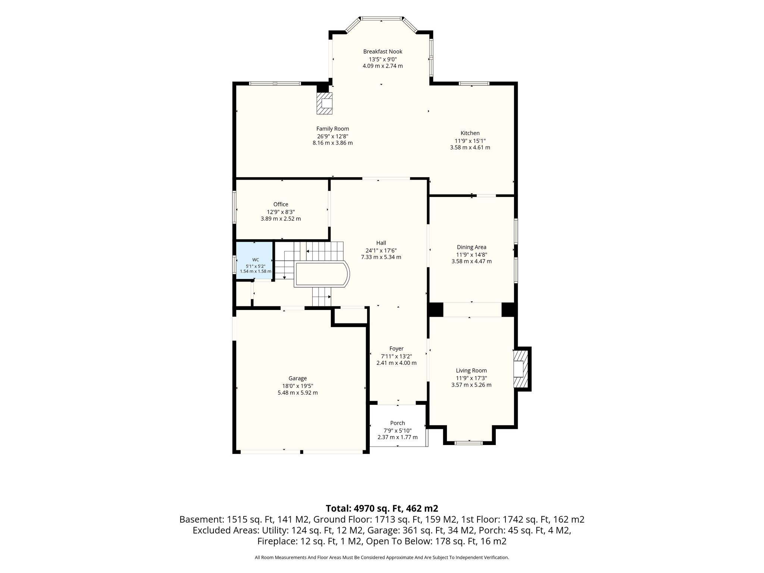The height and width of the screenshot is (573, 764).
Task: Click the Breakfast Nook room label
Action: [x=383, y=51]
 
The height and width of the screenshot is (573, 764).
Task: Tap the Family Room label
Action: [x=333, y=129]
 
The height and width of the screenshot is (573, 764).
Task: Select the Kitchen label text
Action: [x=470, y=133]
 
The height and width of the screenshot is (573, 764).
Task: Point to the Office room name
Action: [x=281, y=204]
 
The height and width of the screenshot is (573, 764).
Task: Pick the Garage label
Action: [x=297, y=378]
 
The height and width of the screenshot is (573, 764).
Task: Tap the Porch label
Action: [x=397, y=423]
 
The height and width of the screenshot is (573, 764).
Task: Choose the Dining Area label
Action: [x=472, y=247]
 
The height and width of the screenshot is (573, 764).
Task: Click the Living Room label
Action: [x=471, y=370]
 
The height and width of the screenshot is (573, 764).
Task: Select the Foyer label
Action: [x=396, y=349]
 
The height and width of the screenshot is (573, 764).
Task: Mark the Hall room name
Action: [x=381, y=243]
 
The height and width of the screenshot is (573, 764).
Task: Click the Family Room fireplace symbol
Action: [x=325, y=103]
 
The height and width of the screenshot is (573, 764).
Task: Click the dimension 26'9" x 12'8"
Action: [x=333, y=136]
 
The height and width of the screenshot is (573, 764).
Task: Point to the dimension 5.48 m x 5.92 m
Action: [x=298, y=393]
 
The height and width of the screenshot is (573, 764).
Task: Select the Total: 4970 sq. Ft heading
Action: [x=382, y=508]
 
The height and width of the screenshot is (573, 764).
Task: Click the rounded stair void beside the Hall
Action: [x=322, y=275]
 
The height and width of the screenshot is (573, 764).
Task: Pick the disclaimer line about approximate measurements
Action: [x=382, y=558]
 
